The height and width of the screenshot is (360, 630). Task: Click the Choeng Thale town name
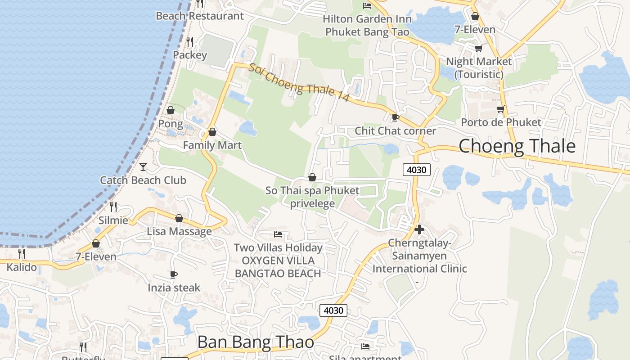coord(517,146)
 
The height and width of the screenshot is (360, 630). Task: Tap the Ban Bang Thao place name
coord(256,342)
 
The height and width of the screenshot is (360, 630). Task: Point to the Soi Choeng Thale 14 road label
coord(299,82)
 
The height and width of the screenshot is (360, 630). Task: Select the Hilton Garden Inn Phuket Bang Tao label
coord(367,26)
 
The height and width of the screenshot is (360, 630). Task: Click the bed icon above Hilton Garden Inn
coord(367,6)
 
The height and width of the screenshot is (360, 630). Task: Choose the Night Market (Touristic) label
coord(479,67)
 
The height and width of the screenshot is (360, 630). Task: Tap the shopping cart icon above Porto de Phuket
coord(500,109)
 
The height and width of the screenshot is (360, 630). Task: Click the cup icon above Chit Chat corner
coord(395,118)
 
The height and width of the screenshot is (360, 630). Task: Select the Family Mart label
coord(212,145)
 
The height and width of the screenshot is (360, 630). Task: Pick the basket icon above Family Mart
coord(212,132)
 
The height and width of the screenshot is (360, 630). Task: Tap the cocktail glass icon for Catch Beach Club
coord(143,167)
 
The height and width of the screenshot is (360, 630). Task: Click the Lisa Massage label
coord(179,231)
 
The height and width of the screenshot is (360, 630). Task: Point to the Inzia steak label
coord(174,288)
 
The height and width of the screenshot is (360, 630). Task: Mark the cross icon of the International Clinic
coord(419,229)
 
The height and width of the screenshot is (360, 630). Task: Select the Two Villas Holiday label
coord(278,247)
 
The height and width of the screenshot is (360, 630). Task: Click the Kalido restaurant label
coord(22,267)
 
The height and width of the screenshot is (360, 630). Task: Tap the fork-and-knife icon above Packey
coord(190,42)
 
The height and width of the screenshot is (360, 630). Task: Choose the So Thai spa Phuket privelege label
coord(312,197)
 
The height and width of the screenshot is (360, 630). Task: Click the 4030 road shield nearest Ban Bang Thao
coord(333,310)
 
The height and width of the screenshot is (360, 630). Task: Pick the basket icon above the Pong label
coord(171,110)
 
